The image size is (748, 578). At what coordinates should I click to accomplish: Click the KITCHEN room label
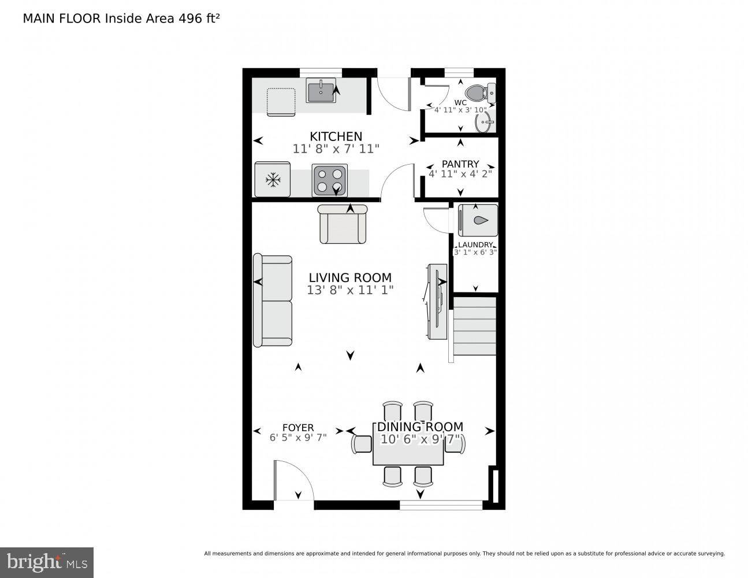click(x=336, y=136)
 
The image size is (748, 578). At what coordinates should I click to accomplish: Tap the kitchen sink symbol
click(x=321, y=91)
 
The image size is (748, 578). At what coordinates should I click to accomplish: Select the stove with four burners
click(x=330, y=180)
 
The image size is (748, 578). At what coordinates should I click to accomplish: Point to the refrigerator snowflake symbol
click(x=273, y=180)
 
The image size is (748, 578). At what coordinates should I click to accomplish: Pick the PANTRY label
click(x=460, y=164)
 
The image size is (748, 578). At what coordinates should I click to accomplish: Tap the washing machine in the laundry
click(x=477, y=220)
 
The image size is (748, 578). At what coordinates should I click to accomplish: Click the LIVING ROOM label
click(x=349, y=277)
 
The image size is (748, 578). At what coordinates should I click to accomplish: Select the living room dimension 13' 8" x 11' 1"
click(x=349, y=290)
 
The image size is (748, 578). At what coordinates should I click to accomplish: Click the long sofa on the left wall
click(x=273, y=301)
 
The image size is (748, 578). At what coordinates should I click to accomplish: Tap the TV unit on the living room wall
click(x=436, y=301)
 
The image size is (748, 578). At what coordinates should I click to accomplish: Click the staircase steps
click(x=474, y=326)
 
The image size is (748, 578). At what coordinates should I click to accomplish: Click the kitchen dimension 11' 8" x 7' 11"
click(x=336, y=149)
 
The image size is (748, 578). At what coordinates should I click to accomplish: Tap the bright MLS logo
click(x=46, y=562)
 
